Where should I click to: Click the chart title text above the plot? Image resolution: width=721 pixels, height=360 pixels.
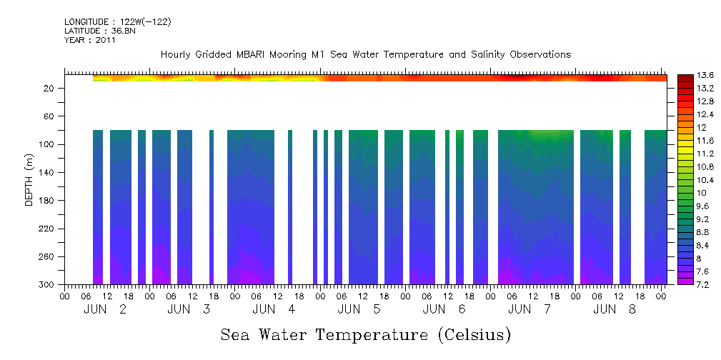(365, 55)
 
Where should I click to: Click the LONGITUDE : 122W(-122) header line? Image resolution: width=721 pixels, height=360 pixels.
(117, 22)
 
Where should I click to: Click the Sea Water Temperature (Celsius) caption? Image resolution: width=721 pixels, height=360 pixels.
(365, 334)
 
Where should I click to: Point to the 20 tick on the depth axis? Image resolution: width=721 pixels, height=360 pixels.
(51, 88)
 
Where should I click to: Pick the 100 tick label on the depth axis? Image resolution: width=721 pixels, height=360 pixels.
(49, 144)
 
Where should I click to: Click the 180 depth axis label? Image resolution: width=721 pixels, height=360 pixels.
(49, 201)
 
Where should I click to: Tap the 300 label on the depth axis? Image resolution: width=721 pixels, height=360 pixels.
(49, 285)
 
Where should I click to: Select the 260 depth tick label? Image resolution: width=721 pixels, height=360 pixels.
(49, 257)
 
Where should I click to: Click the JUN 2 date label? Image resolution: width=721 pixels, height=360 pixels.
(106, 309)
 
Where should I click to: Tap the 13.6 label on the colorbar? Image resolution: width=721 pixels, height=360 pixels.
(706, 76)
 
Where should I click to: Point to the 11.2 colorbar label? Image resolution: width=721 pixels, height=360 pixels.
(706, 154)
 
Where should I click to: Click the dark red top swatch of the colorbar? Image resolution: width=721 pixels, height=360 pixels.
(685, 78)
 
